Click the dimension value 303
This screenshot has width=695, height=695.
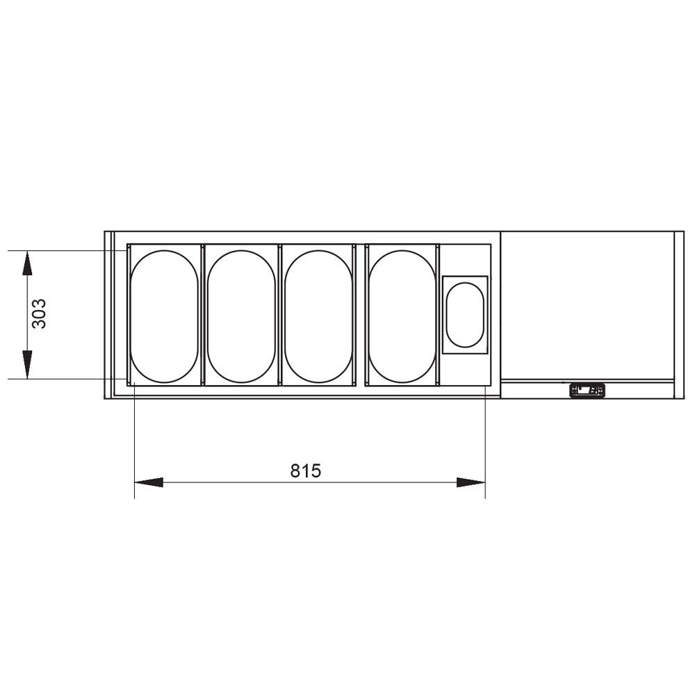pyautogui.click(x=39, y=313)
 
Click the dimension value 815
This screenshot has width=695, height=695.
pyautogui.click(x=306, y=471)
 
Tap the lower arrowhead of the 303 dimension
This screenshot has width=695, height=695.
pyautogui.click(x=27, y=365)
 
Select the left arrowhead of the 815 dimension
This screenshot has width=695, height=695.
pyautogui.click(x=147, y=482)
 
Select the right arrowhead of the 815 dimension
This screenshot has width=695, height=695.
pyautogui.click(x=471, y=482)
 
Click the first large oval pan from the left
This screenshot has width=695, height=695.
pyautogui.click(x=165, y=315)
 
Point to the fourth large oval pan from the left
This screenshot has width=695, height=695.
pyautogui.click(x=402, y=315)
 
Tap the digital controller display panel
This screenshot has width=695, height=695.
pyautogui.click(x=587, y=391)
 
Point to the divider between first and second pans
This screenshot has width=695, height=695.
pyautogui.click(x=202, y=314)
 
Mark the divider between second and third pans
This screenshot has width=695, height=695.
pyautogui.click(x=279, y=314)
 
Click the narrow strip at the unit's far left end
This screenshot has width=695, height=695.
pyautogui.click(x=108, y=314)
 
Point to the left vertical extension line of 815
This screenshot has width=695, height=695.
pyautogui.click(x=133, y=445)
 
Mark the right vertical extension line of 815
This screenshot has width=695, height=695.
pyautogui.click(x=484, y=445)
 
